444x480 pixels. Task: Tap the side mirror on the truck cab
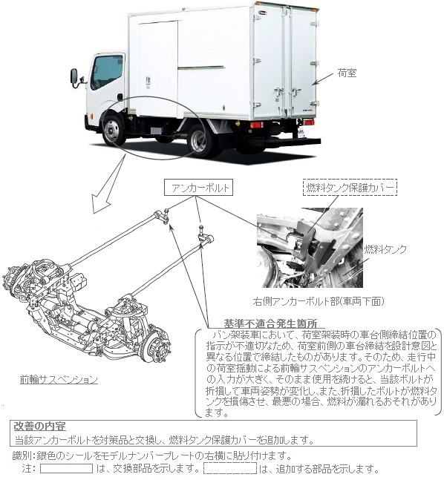(74, 76)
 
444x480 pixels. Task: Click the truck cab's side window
(107, 72)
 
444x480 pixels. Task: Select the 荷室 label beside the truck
(347, 73)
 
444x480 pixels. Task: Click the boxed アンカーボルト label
(198, 188)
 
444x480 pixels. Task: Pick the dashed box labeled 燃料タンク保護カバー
(350, 188)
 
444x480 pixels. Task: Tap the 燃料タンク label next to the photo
(385, 249)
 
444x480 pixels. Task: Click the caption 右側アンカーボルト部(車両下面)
(319, 301)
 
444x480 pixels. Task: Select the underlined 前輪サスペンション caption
(59, 380)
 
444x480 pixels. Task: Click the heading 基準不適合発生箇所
(270, 323)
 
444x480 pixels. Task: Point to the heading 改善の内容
(40, 427)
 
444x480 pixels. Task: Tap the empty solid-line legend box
(66, 468)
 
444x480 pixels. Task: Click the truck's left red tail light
(256, 125)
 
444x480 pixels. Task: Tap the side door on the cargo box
(158, 68)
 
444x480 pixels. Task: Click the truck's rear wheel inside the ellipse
(199, 142)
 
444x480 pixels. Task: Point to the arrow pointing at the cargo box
(323, 79)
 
